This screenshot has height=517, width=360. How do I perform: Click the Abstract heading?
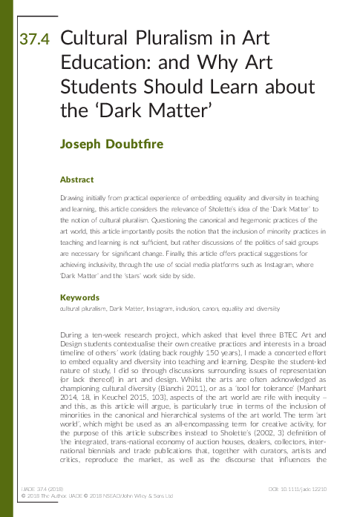click(76, 180)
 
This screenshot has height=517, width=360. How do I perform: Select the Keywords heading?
click(79, 297)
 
